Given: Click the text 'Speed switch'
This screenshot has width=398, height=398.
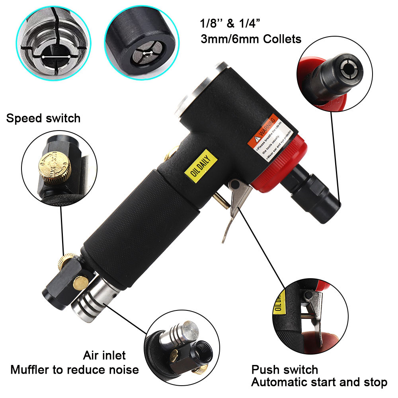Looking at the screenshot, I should [43, 118].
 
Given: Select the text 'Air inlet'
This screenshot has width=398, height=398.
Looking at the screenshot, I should [104, 355].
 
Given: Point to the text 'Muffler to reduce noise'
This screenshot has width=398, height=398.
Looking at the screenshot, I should [74, 370].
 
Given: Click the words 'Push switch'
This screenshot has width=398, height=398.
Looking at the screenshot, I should [285, 370].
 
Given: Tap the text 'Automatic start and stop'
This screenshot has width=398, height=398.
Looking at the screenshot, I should [319, 383].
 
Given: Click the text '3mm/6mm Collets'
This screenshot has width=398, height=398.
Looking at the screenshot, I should [250, 39].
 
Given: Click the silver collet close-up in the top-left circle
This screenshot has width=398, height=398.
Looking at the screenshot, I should [51, 42].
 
